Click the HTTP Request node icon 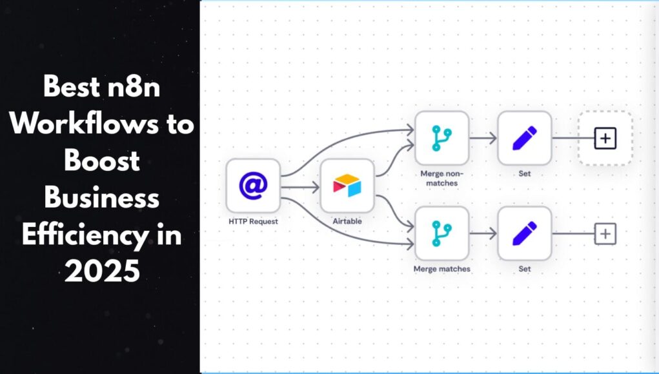point(253,186)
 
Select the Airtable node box point(347,186)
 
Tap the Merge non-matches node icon point(441,138)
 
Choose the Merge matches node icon point(441,233)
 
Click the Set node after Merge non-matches point(524,138)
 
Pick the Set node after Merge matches point(524,233)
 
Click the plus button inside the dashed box point(605,138)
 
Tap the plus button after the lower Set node point(605,233)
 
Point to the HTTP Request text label point(253,221)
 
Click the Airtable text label point(347,221)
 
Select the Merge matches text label point(441,268)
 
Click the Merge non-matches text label point(441,178)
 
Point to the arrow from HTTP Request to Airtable point(300,187)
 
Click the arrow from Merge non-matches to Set point(483,138)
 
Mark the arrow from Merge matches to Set point(483,233)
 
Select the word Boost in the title point(102,161)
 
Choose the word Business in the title point(102,198)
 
